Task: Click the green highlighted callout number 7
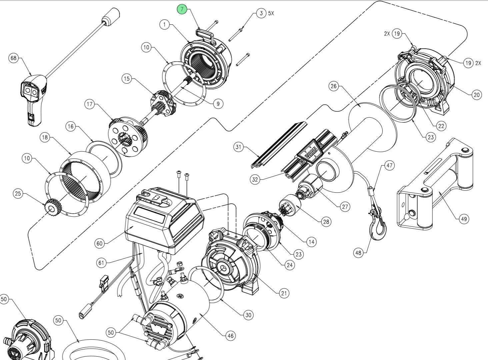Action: [182, 9]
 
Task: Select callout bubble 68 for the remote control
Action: [13, 58]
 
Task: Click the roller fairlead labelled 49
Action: [433, 187]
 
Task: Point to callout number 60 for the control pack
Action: [99, 244]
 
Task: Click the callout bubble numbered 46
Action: [230, 336]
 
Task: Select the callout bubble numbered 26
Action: [334, 86]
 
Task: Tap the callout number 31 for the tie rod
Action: [238, 147]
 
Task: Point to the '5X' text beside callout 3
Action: [271, 14]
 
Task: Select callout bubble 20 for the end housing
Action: [477, 95]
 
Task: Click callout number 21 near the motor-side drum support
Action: [284, 293]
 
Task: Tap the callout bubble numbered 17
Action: [90, 104]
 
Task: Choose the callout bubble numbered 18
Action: [45, 137]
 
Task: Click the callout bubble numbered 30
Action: [248, 315]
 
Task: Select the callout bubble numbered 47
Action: [389, 165]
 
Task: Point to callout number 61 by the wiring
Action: [101, 263]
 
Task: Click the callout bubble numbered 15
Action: [127, 79]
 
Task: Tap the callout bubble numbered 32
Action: [255, 179]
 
